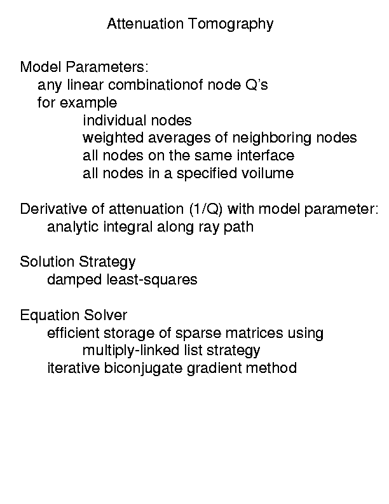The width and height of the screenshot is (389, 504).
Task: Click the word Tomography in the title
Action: (231, 24)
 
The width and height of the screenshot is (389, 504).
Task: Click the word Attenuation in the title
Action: (145, 24)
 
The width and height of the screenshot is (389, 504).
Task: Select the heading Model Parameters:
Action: (84, 67)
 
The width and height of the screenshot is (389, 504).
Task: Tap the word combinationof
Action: (155, 85)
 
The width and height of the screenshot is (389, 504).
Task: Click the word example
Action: (88, 103)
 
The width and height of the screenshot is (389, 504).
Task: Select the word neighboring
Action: (271, 138)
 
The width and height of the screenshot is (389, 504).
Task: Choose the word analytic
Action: (72, 227)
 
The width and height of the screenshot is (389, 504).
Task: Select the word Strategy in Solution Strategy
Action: (107, 262)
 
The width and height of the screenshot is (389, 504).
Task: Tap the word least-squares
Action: (152, 280)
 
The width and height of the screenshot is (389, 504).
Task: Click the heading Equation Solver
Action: (74, 315)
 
